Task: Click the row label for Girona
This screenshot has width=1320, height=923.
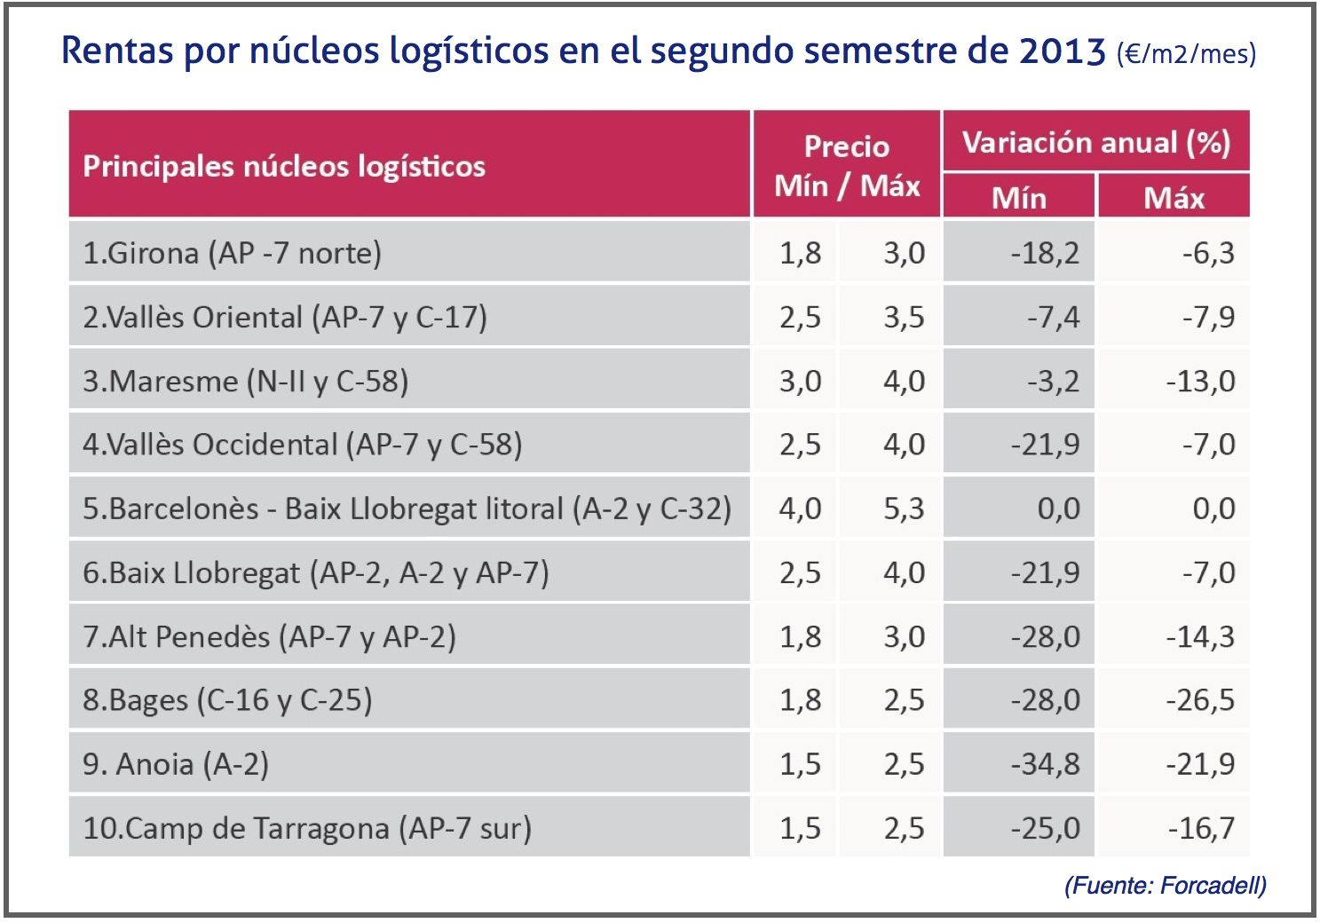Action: click(x=232, y=253)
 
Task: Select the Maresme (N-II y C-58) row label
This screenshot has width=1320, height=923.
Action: click(x=245, y=381)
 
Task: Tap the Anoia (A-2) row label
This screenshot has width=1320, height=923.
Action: click(x=176, y=764)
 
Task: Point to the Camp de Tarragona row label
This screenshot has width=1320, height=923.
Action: click(x=306, y=828)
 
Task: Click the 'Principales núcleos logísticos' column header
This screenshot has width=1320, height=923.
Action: click(x=284, y=166)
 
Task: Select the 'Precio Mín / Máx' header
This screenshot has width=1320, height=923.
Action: click(x=847, y=166)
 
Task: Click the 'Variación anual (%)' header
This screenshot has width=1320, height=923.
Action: click(x=1095, y=142)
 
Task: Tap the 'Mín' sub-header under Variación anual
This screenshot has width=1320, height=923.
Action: click(x=1018, y=197)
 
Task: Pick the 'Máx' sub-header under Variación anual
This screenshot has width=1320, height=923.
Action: click(x=1174, y=197)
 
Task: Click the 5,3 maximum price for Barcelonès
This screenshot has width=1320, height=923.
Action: click(x=904, y=509)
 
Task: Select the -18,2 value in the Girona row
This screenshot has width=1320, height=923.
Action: click(x=1045, y=253)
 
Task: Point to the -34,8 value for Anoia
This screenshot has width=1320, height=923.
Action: click(x=1045, y=764)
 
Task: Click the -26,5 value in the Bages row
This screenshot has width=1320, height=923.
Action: click(x=1200, y=700)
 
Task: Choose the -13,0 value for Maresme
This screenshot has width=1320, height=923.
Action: click(x=1200, y=381)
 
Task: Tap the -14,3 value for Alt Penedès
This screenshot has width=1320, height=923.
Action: click(x=1200, y=636)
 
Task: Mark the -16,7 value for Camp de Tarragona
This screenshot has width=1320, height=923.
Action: click(x=1201, y=828)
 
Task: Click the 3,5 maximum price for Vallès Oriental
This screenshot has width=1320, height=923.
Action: click(x=904, y=317)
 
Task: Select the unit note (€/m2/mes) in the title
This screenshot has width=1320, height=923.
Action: click(x=1186, y=53)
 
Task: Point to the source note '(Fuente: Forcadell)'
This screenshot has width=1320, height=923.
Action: click(x=1165, y=885)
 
